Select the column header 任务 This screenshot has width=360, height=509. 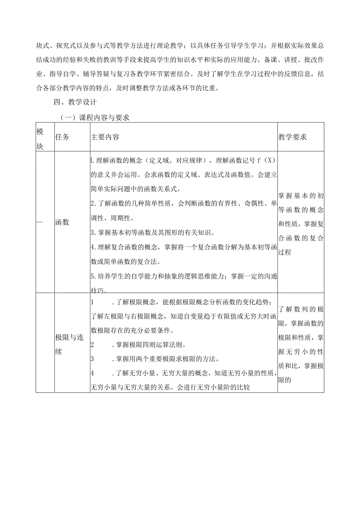(62, 137)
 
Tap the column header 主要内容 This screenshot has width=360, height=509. (105, 137)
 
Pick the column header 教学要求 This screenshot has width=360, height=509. (292, 137)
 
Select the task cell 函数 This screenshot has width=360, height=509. (62, 222)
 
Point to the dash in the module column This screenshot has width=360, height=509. (40, 222)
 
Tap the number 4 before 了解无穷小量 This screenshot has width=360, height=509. (92, 373)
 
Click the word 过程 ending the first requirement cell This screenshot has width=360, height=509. (285, 252)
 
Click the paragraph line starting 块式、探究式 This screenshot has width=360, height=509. (180, 46)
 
